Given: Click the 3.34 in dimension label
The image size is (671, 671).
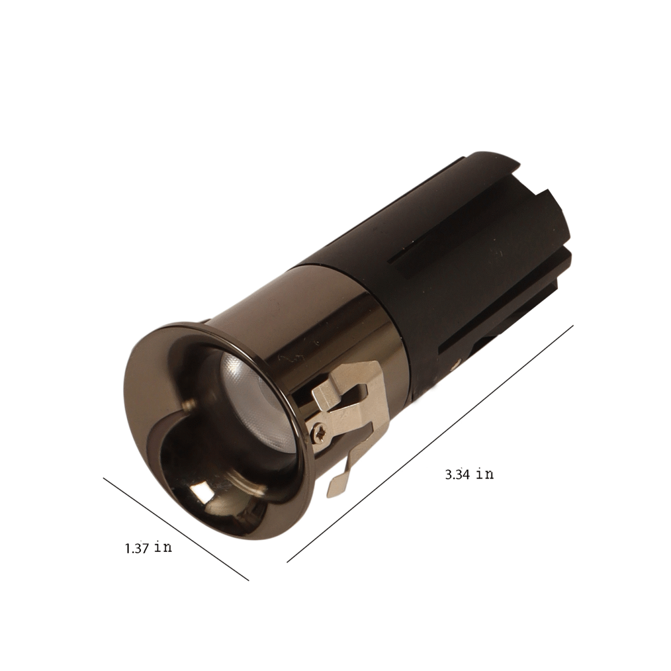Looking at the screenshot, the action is pos(469,474).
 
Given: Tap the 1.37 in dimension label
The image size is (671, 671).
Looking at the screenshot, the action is pos(149,548).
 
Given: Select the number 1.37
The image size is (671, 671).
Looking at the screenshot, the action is pos(137,549).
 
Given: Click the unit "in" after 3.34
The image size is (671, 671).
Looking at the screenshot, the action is pos(485,474).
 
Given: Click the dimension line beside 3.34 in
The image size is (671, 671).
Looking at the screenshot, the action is pos(429,445).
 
